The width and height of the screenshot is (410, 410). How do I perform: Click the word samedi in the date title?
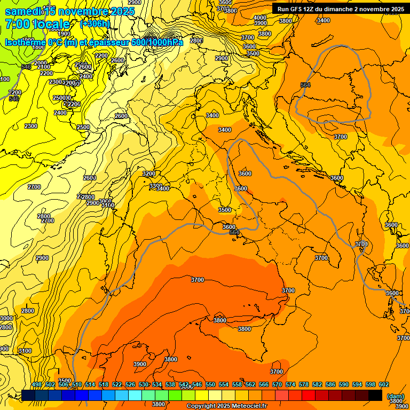(x=22, y=11)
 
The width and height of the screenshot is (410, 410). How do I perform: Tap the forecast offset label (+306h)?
(x=94, y=24)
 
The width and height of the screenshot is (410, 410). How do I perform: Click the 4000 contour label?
(x=260, y=18)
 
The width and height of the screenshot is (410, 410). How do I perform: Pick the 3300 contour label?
(x=155, y=186)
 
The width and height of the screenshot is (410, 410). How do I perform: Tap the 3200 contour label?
(x=149, y=174)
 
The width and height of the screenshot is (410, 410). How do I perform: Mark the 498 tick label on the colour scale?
(x=37, y=385)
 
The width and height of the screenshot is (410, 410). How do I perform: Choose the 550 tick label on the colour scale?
(x=210, y=385)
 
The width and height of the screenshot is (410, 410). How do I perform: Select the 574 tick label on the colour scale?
(x=290, y=385)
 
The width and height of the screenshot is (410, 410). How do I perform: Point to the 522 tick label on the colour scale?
(x=117, y=385)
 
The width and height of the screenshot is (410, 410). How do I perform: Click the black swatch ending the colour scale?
(x=375, y=395)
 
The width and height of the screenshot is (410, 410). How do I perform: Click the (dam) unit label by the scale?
(x=396, y=396)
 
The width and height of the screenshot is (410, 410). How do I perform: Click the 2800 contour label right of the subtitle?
(x=196, y=41)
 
